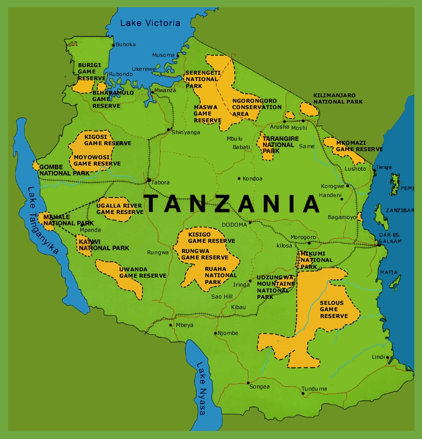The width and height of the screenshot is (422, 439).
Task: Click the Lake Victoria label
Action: [150, 23]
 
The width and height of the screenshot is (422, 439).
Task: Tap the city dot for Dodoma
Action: [250, 222]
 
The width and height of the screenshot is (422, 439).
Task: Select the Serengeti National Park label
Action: [202, 79]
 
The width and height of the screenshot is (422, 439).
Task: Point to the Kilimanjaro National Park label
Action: [338, 98]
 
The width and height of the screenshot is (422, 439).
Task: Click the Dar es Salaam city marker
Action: [379, 245]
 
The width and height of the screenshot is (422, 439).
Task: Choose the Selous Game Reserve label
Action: [334, 309]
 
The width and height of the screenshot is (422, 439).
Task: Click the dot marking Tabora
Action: [149, 180]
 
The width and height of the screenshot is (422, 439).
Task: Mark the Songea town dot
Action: [248, 382]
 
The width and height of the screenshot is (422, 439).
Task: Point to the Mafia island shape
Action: [395, 282]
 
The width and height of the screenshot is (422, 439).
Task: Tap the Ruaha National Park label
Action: [221, 275]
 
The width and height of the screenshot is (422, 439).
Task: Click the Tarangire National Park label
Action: [280, 145]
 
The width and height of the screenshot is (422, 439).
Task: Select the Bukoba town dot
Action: [113, 45]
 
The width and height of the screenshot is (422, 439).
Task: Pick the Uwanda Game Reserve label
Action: [142, 272]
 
